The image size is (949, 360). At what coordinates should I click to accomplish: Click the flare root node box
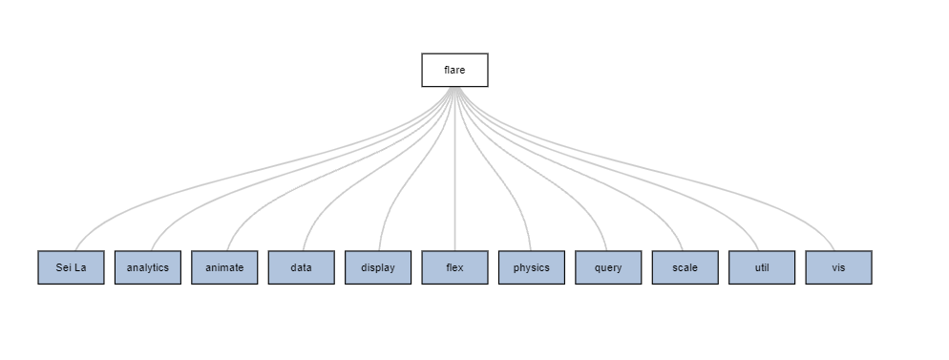[x=454, y=70]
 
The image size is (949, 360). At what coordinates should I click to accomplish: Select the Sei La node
[x=71, y=267]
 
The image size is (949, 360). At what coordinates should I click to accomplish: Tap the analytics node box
[x=148, y=267]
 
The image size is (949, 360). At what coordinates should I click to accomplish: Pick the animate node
[x=224, y=267]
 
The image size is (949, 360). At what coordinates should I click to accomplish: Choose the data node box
[x=302, y=267]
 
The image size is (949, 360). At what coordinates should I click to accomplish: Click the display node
[x=378, y=267]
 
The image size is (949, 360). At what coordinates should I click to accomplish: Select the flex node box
[x=454, y=267]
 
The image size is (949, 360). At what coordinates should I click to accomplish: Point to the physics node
[x=532, y=267]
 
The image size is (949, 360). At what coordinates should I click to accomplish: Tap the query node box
[x=608, y=267]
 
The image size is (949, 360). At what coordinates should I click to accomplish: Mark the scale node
[x=685, y=267]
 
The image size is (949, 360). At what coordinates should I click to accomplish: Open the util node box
[x=762, y=267]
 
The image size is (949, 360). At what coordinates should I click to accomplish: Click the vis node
[x=839, y=267]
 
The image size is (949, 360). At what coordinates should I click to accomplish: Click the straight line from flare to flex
[x=454, y=169]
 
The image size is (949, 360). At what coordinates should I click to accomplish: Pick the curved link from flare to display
[x=417, y=169]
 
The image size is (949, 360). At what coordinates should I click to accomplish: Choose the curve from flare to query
[x=532, y=169]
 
